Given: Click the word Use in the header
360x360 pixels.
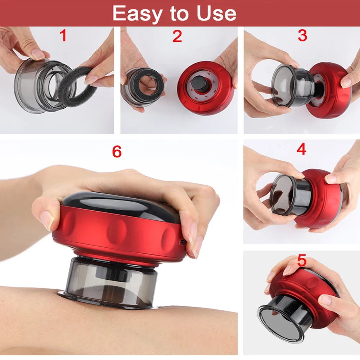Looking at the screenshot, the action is (x=216, y=13).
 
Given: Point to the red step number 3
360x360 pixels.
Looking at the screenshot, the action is (x=302, y=35).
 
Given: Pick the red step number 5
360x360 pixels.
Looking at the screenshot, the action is (x=302, y=261).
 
